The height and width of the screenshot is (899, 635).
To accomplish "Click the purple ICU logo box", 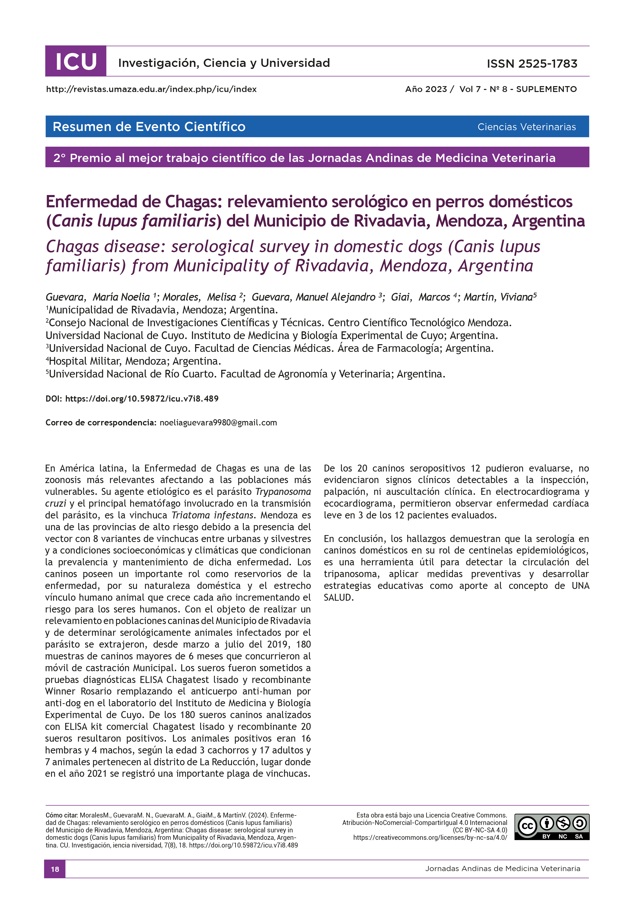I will click(x=76, y=62).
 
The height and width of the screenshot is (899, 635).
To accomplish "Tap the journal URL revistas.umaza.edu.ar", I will click(x=151, y=89).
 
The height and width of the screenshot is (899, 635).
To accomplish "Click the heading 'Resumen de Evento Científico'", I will click(x=149, y=127).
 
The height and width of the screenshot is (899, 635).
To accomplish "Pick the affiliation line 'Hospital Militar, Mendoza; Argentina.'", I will click(x=133, y=361).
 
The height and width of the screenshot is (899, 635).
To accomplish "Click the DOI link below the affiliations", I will click(x=142, y=399).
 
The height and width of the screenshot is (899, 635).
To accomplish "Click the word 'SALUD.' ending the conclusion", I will click(x=338, y=598).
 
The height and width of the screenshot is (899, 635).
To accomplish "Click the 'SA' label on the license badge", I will click(x=579, y=837).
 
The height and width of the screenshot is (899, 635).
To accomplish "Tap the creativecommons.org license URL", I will click(x=430, y=837).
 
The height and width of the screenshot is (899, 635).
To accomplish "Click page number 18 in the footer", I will click(x=55, y=869).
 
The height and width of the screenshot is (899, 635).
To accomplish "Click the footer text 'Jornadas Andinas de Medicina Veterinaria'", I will click(x=502, y=869).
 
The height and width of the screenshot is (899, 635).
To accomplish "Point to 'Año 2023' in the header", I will click(x=426, y=89).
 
